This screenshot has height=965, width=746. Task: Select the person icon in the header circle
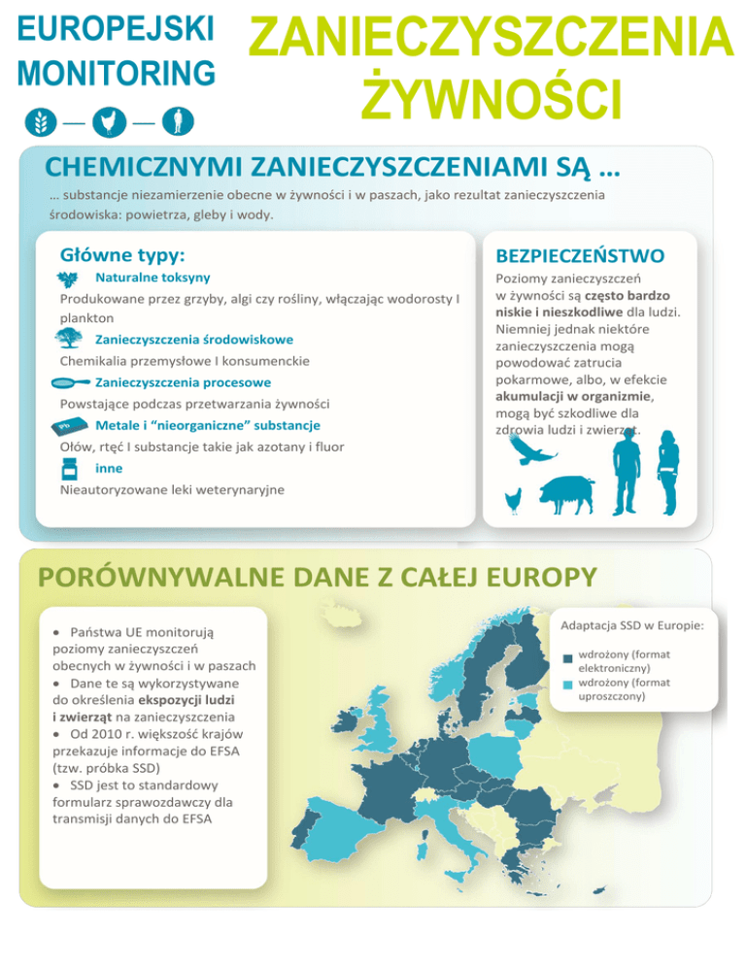click(177, 121)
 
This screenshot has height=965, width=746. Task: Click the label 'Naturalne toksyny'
click(153, 278)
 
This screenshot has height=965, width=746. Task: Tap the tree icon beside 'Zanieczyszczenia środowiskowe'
click(69, 338)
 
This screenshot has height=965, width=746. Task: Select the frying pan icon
click(69, 382)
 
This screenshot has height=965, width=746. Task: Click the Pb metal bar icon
click(67, 426)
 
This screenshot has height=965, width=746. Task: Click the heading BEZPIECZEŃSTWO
click(580, 255)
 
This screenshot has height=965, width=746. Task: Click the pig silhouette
click(568, 495)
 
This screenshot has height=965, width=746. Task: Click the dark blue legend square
click(567, 660)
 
